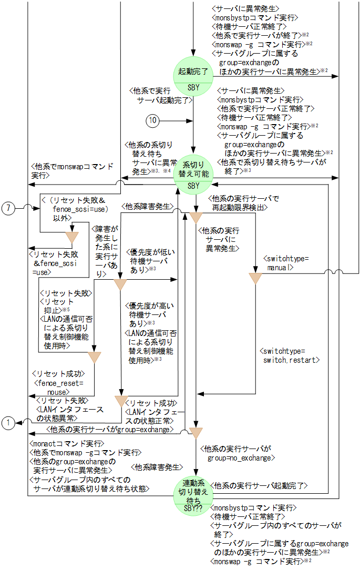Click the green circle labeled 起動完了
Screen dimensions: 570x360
pyautogui.click(x=193, y=74)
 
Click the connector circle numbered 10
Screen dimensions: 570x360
pyautogui.click(x=152, y=120)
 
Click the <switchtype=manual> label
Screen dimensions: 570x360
pyautogui.click(x=286, y=263)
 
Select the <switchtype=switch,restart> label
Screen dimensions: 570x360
pyautogui.click(x=291, y=355)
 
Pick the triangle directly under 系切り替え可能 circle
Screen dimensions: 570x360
pyautogui.click(x=196, y=216)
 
